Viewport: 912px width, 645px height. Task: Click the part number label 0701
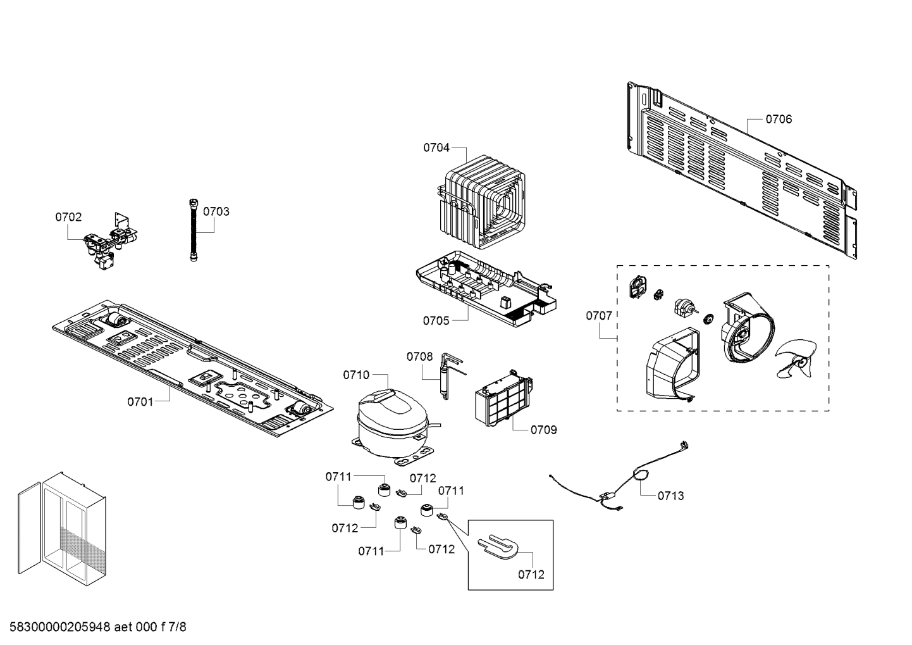(140, 401)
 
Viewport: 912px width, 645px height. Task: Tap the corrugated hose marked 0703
(194, 230)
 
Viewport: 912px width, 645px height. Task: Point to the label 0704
(436, 147)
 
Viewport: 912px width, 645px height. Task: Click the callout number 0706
(778, 119)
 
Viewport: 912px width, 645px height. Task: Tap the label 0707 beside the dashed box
(598, 315)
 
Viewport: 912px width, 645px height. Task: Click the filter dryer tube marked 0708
(448, 376)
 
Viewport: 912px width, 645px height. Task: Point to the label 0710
(356, 375)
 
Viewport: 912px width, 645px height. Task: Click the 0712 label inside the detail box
(531, 575)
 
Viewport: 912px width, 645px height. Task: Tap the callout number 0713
(670, 496)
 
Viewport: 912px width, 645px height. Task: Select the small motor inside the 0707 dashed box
(684, 310)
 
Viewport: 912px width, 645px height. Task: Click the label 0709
(543, 430)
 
